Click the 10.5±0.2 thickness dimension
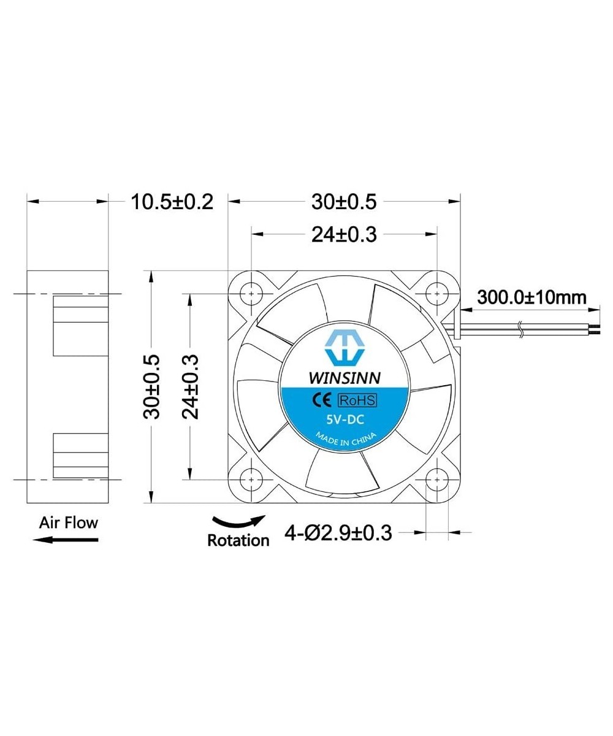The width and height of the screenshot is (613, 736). click(x=172, y=201)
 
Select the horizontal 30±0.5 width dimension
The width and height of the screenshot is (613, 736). click(x=343, y=201)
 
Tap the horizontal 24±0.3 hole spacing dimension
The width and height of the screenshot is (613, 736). click(x=343, y=234)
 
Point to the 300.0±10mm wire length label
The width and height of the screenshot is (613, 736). click(x=531, y=297)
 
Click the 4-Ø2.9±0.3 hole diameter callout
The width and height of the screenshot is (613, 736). click(x=338, y=532)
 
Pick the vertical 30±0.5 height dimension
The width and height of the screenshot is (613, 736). click(x=151, y=386)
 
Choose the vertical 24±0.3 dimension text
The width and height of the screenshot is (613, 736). click(x=190, y=386)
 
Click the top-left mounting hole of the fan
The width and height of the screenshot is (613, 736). click(x=252, y=294)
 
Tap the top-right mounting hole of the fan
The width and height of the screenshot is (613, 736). click(x=436, y=294)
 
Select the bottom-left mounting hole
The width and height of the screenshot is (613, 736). click(x=252, y=478)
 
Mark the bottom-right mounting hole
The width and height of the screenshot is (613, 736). click(x=436, y=478)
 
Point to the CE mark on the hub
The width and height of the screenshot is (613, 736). click(x=323, y=401)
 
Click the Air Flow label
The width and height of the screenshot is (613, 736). click(x=69, y=523)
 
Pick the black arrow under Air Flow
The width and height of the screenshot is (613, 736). click(x=66, y=539)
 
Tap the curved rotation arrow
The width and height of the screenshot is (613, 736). click(x=239, y=523)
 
